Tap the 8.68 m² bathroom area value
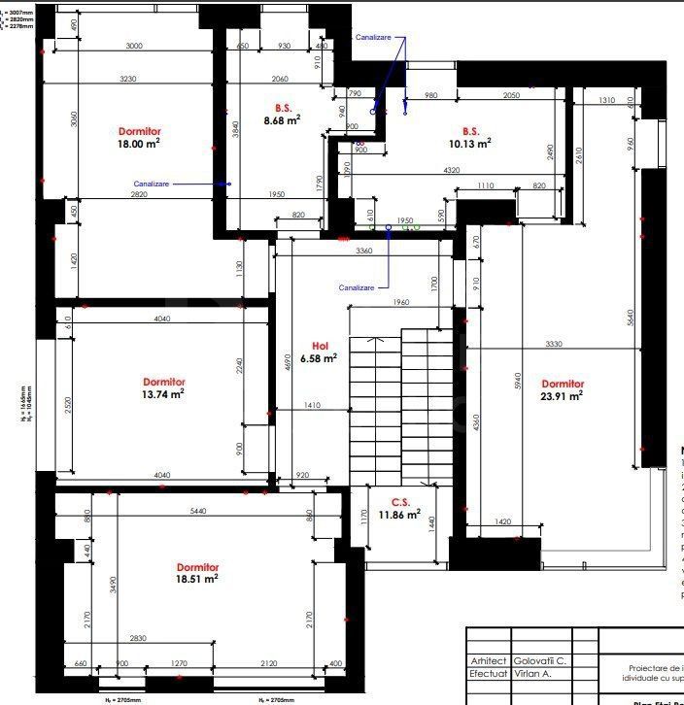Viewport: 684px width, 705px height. (x=282, y=120)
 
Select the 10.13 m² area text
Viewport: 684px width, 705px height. (x=470, y=142)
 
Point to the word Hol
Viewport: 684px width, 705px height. (x=320, y=346)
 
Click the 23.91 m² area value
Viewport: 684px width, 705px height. (x=563, y=395)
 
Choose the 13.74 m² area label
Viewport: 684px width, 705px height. (x=164, y=393)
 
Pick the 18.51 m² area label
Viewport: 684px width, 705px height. (x=197, y=578)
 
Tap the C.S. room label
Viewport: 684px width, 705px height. (x=400, y=502)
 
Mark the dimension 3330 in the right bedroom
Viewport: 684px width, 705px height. (x=553, y=344)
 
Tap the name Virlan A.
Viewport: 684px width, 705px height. (x=532, y=672)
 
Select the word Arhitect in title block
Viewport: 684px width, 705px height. (x=488, y=660)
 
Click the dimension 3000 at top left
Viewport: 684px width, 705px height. (x=134, y=47)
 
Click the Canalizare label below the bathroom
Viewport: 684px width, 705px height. (x=357, y=287)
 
